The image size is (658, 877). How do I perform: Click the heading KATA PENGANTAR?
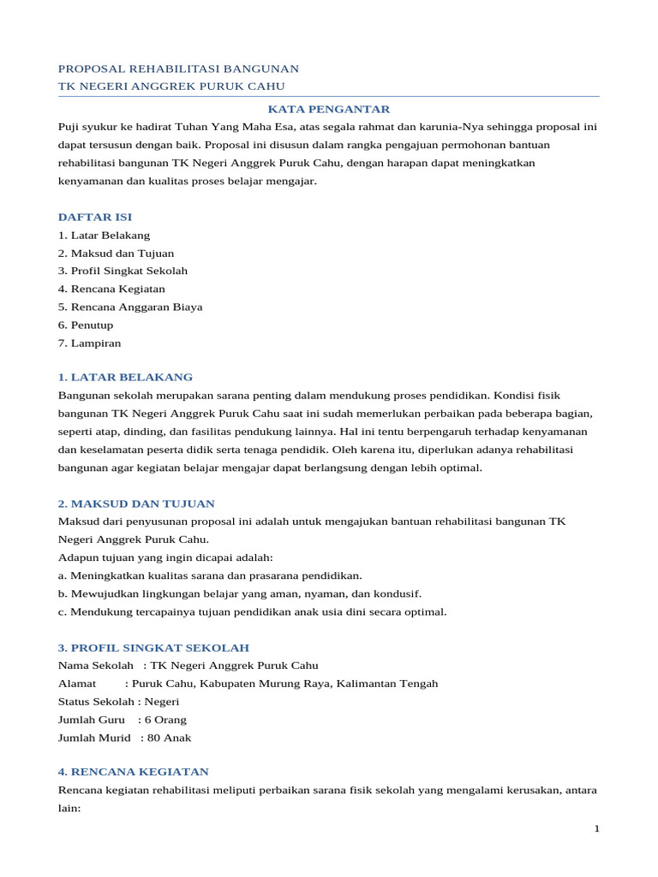tap(329, 109)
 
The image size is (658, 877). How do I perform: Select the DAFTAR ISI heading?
tap(95, 217)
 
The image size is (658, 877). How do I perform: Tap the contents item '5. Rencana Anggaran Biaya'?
tap(130, 307)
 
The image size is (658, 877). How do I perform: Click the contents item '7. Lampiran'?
tap(89, 343)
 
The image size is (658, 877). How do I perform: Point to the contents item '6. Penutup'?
tap(86, 325)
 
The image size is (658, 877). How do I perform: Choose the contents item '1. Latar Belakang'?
tap(104, 235)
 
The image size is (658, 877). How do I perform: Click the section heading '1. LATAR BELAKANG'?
tap(125, 377)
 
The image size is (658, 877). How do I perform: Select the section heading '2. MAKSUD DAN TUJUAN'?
tap(136, 504)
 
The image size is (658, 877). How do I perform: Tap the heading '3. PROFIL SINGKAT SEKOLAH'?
tap(153, 647)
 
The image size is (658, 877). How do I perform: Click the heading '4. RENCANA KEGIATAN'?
tap(133, 772)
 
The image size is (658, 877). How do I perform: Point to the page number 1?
tap(596, 829)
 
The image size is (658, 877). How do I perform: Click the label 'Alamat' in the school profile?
tap(77, 683)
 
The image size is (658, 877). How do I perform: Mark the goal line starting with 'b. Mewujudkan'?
tap(227, 594)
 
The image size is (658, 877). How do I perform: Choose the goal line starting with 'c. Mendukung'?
tap(252, 612)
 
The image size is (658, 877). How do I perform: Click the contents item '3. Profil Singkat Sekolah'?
tap(123, 271)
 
